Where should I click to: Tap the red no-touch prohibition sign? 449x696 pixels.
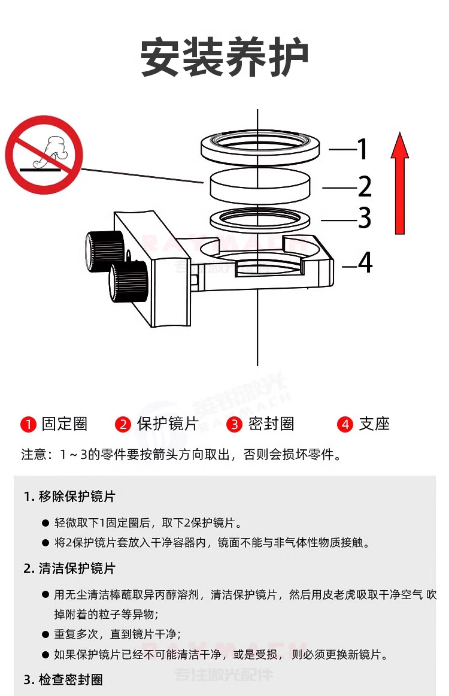pos(44,155)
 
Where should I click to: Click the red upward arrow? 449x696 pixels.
pos(400,184)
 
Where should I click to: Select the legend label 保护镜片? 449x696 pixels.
pos(168,424)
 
